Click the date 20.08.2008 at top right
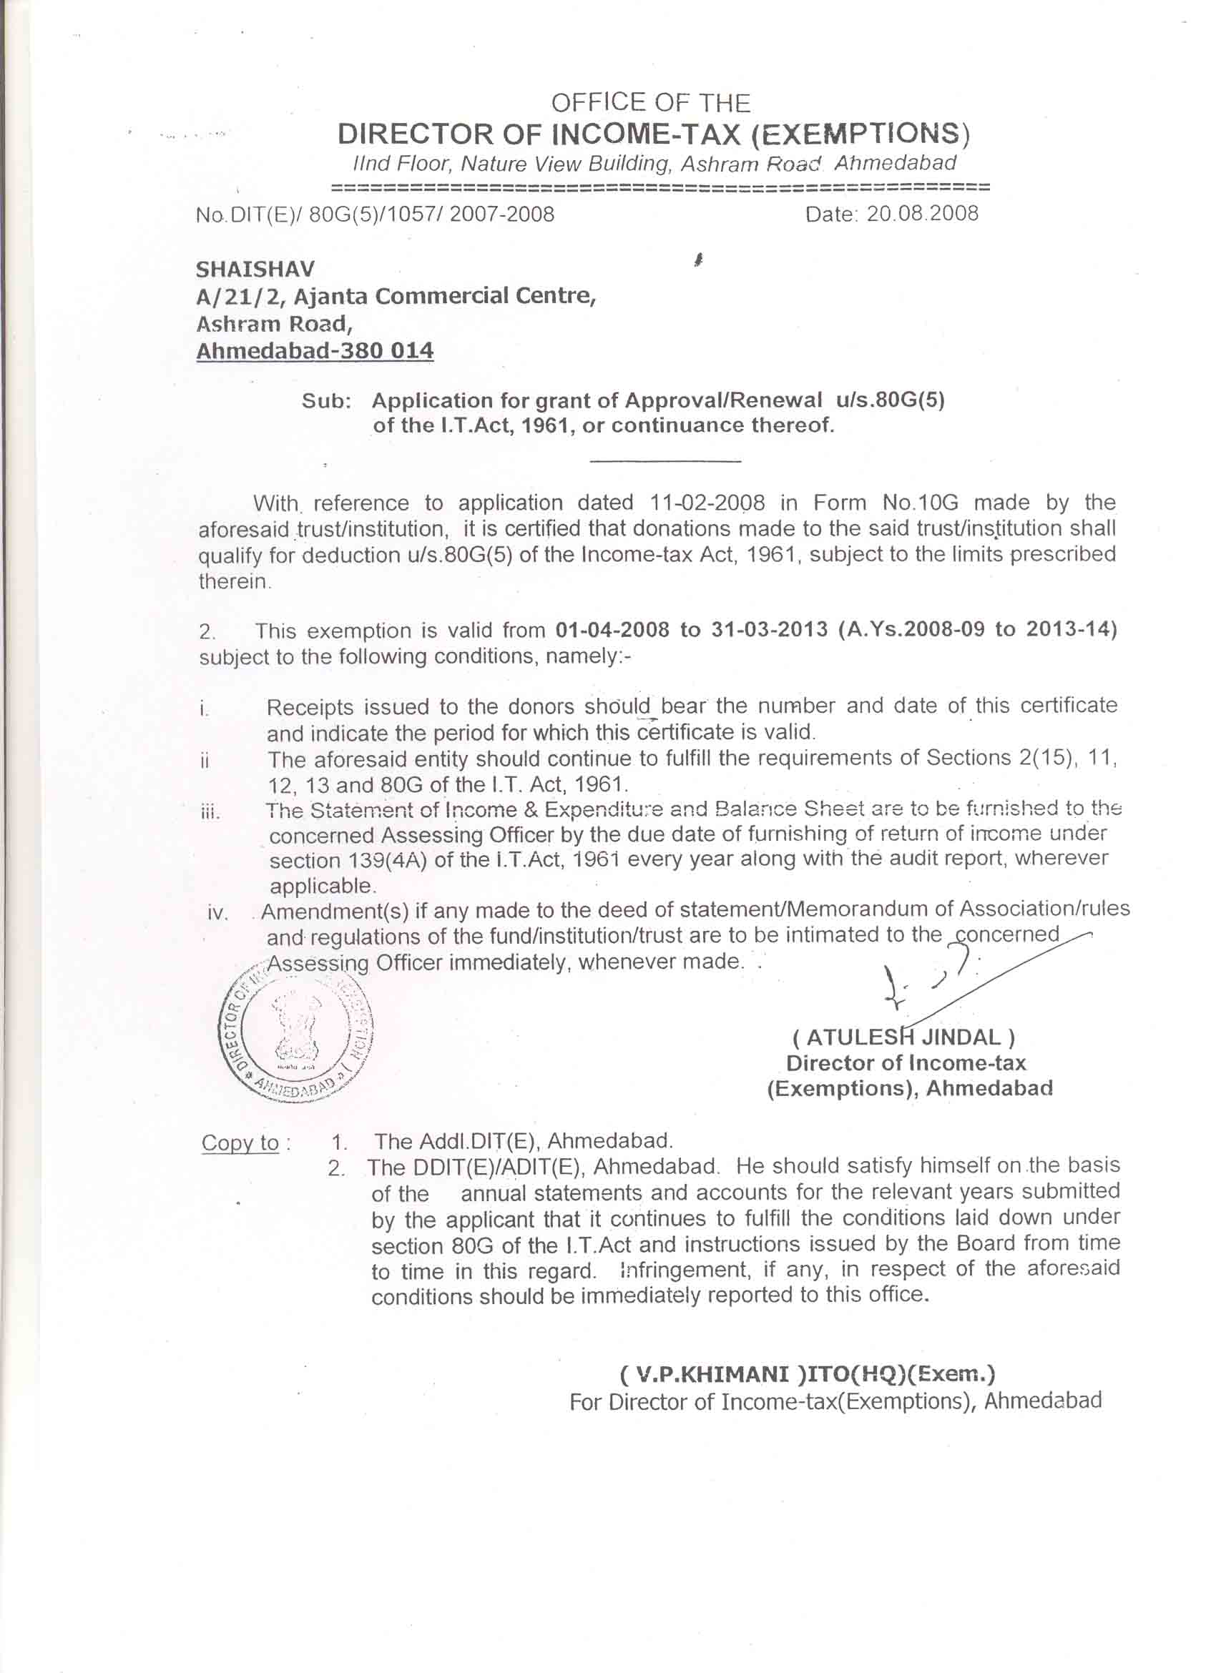pos(921,214)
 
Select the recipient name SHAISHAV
pos(255,270)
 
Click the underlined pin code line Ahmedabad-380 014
pos(314,350)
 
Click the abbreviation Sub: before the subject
pos(325,401)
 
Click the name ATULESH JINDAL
pos(903,1038)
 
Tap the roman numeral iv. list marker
pos(217,913)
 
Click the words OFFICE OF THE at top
pos(650,102)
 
